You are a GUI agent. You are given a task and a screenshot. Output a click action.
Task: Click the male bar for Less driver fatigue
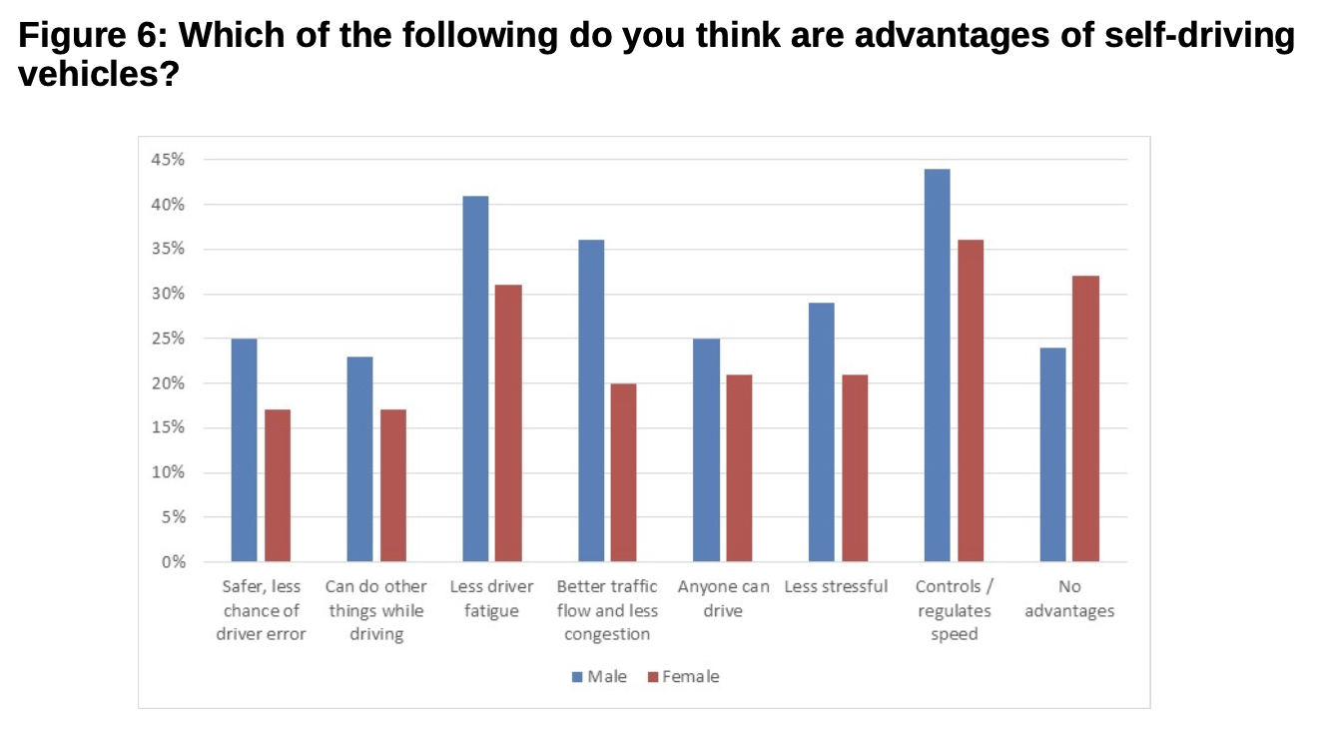(475, 378)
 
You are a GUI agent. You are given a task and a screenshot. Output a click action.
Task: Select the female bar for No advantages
(1085, 418)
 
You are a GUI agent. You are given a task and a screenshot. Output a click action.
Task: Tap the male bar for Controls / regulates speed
(937, 366)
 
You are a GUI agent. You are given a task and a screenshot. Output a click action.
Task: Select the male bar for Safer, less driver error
(244, 449)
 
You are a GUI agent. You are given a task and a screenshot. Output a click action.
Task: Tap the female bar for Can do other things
(392, 485)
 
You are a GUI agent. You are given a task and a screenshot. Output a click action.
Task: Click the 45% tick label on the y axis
(169, 160)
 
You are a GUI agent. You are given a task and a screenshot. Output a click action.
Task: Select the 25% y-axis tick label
(169, 339)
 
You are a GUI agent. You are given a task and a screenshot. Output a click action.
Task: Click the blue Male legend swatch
(577, 677)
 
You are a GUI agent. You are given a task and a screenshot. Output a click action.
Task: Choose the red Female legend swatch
(653, 677)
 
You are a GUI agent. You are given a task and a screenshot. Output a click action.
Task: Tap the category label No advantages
(1069, 599)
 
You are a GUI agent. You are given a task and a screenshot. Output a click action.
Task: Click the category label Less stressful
(836, 586)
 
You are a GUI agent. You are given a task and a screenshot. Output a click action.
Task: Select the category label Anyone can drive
(723, 598)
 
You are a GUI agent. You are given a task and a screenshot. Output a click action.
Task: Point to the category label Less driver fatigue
(491, 598)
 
